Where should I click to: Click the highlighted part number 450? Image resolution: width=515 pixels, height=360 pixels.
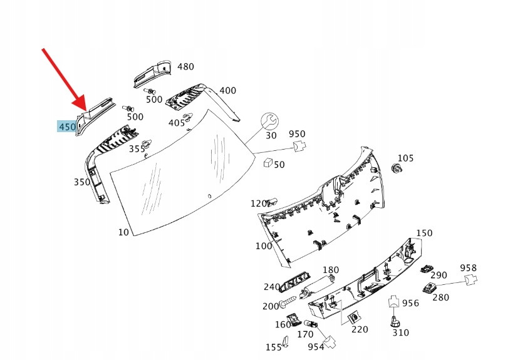point(67,127)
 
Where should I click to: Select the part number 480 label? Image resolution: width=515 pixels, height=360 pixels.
point(185,66)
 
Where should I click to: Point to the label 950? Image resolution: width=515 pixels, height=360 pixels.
point(297,134)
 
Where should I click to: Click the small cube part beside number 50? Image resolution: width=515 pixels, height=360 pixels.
point(268,163)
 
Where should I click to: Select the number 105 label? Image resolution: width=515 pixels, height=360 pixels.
point(406,158)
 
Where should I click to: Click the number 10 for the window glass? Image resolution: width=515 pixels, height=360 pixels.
point(123,232)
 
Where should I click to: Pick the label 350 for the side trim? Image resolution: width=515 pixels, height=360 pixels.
point(82,182)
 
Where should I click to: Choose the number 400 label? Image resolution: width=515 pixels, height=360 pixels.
point(227,91)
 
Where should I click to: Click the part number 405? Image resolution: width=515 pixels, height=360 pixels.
point(177,123)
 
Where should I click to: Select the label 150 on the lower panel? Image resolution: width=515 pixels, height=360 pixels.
point(424,233)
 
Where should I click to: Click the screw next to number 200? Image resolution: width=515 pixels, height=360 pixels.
point(288,304)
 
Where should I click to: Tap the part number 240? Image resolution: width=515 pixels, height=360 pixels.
point(271,287)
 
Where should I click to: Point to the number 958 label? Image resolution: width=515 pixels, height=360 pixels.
point(469,268)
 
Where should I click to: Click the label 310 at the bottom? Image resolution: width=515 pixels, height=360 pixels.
point(401,332)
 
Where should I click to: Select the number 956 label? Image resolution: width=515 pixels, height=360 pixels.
point(410,303)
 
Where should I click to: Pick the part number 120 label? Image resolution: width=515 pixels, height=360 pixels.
point(259,203)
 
